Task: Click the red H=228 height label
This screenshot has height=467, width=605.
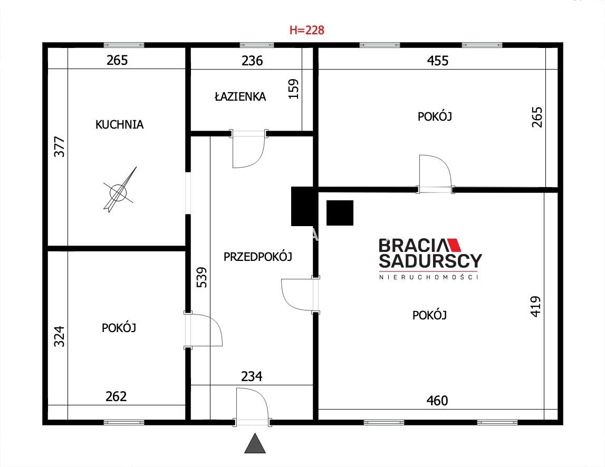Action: pyautogui.click(x=307, y=30)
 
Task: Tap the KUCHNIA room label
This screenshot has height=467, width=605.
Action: pyautogui.click(x=119, y=124)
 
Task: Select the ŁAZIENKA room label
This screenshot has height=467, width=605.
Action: pyautogui.click(x=240, y=96)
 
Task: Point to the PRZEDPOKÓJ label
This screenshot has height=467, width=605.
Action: pyautogui.click(x=258, y=257)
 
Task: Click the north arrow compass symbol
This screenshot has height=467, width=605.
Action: pyautogui.click(x=119, y=191)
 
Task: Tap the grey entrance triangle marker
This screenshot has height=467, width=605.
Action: pyautogui.click(x=255, y=443)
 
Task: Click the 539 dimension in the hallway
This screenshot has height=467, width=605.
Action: pyautogui.click(x=202, y=277)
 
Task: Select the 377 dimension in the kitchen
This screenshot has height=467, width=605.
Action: pyautogui.click(x=60, y=147)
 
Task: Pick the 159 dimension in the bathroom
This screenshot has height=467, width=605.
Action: pyautogui.click(x=294, y=89)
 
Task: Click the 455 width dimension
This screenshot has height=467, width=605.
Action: pyautogui.click(x=438, y=61)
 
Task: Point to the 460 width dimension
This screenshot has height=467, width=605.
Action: pyautogui.click(x=437, y=401)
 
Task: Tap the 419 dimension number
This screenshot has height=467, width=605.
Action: pyautogui.click(x=535, y=307)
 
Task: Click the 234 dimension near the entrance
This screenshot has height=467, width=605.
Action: pyautogui.click(x=252, y=376)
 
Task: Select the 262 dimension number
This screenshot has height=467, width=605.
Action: pyautogui.click(x=116, y=396)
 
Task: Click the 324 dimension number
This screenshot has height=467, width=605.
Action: pyautogui.click(x=59, y=336)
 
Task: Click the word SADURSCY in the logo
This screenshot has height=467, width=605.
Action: pyautogui.click(x=430, y=261)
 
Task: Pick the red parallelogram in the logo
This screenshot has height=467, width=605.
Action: pyautogui.click(x=454, y=245)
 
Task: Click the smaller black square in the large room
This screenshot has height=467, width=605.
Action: pyautogui.click(x=340, y=213)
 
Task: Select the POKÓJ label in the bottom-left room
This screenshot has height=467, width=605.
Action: pyautogui.click(x=119, y=328)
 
